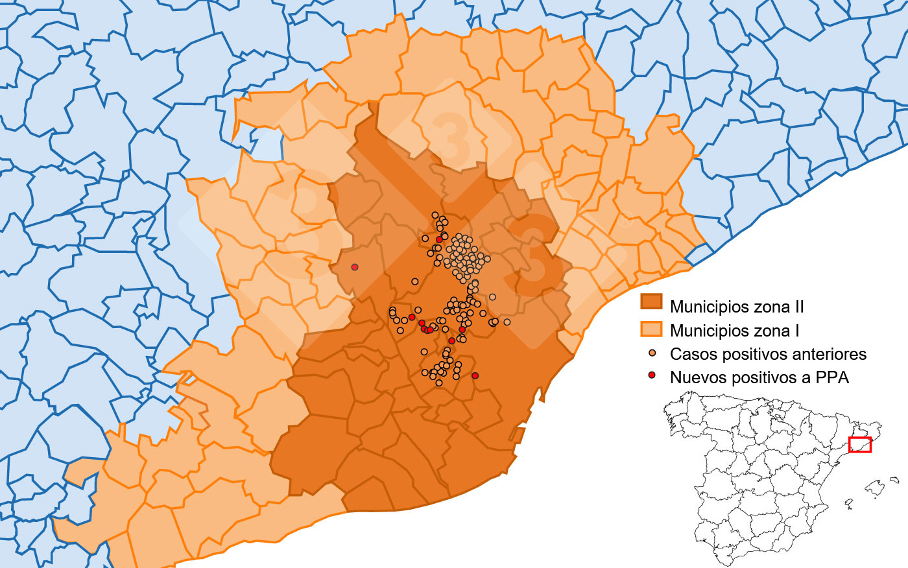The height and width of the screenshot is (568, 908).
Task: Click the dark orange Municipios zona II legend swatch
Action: pyautogui.click(x=651, y=302)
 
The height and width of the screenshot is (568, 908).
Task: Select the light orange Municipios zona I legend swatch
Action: pyautogui.click(x=651, y=329)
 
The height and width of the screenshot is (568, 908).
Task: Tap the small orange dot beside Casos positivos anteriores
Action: pyautogui.click(x=652, y=353)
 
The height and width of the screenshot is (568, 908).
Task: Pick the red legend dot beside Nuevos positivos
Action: pyautogui.click(x=652, y=376)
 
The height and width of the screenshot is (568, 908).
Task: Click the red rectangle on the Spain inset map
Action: pyautogui.click(x=860, y=445)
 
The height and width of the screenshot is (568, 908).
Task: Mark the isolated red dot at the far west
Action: pyautogui.click(x=354, y=267)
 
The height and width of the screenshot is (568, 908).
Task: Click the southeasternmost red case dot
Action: pyautogui.click(x=475, y=375)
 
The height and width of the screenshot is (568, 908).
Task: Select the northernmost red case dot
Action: pyautogui.click(x=439, y=240)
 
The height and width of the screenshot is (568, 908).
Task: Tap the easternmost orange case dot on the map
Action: pyautogui.click(x=507, y=322)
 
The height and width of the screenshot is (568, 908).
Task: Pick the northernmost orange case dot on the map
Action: pyautogui.click(x=435, y=215)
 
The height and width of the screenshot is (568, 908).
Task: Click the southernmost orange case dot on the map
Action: pyautogui.click(x=439, y=383)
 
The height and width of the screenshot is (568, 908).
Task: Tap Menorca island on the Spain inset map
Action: pyautogui.click(x=895, y=480)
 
